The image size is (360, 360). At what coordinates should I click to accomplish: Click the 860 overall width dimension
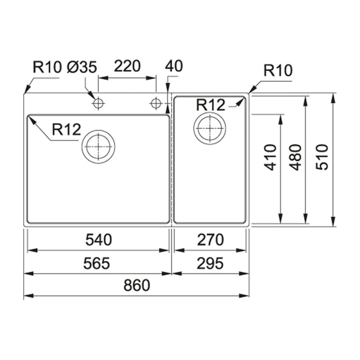click(x=136, y=285)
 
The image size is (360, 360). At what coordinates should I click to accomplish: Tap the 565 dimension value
click(x=97, y=263)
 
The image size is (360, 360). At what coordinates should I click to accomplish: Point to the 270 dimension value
click(x=210, y=240)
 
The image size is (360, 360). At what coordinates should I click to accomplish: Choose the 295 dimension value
click(x=210, y=263)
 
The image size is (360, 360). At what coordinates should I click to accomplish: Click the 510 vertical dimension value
click(x=322, y=157)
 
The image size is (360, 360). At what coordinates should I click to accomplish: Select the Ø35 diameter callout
click(x=82, y=67)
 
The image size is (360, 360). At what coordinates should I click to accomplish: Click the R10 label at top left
click(x=47, y=67)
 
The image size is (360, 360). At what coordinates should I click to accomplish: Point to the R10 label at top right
click(x=278, y=71)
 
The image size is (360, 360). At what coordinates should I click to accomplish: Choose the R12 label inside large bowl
click(x=66, y=130)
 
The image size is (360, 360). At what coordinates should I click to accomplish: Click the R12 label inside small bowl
click(x=211, y=105)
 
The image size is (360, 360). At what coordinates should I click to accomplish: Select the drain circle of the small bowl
click(x=210, y=128)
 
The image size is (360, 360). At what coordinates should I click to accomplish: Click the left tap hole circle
click(x=98, y=103)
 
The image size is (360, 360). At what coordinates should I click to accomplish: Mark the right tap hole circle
click(x=155, y=103)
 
